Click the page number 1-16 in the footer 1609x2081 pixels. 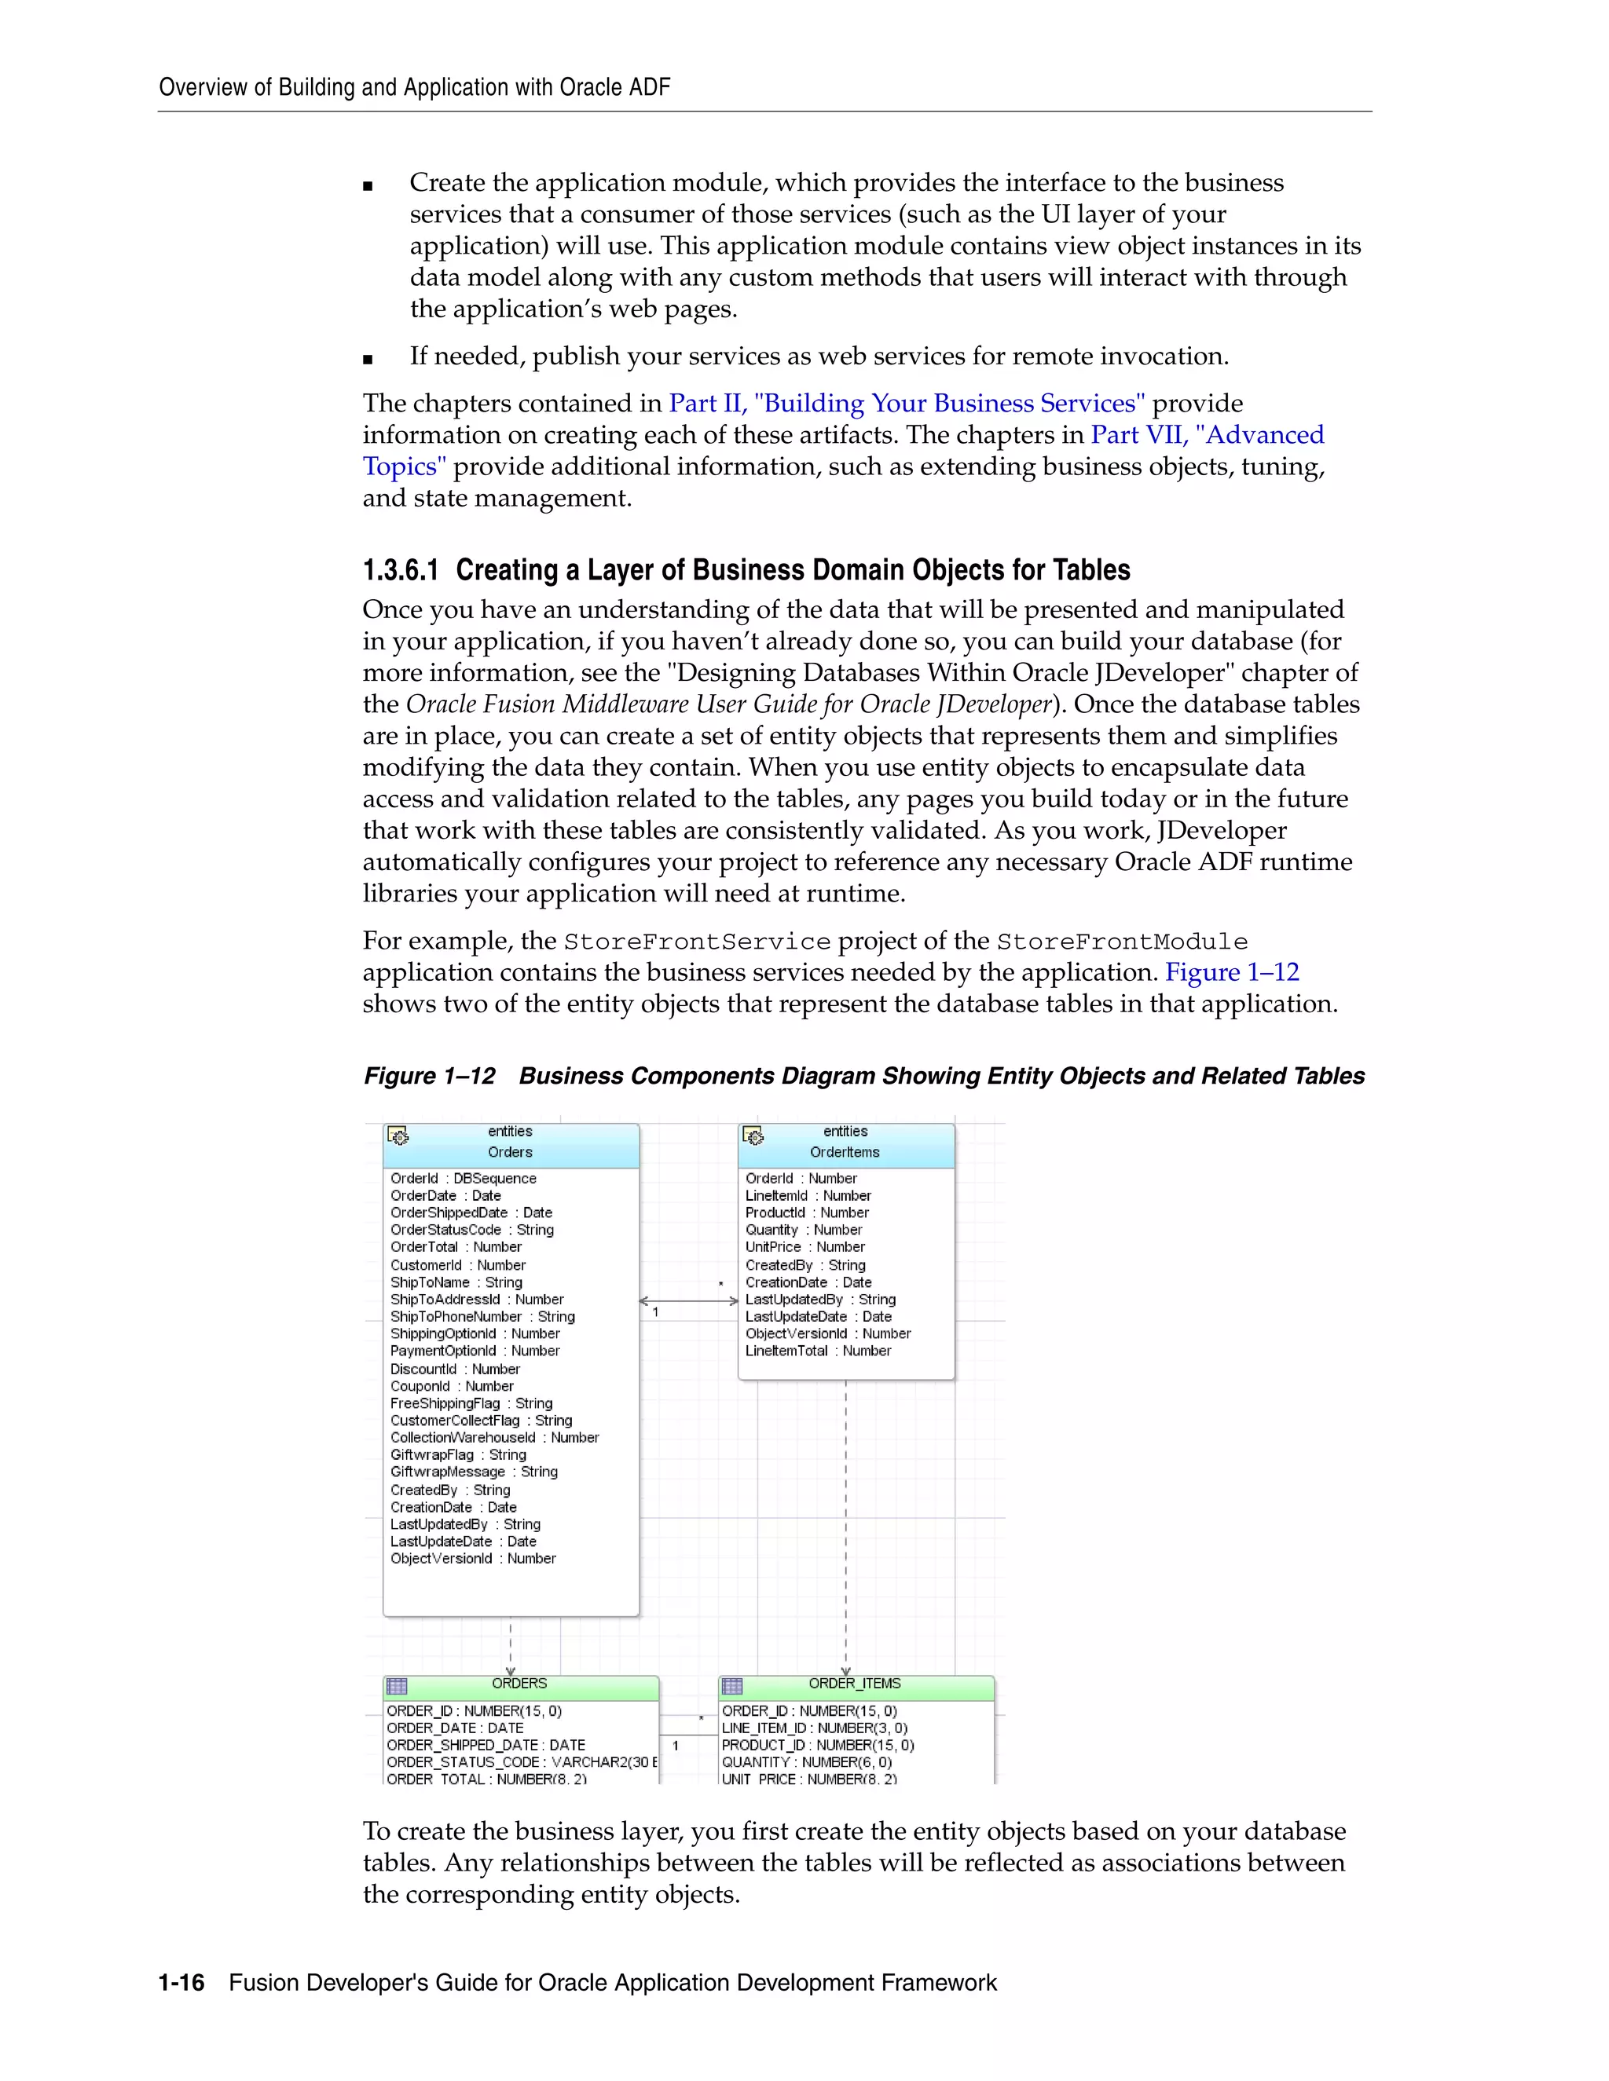pyautogui.click(x=181, y=1983)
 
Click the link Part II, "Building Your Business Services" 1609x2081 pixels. pyautogui.click(x=907, y=403)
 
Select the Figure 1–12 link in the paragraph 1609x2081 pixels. pyautogui.click(x=1232, y=972)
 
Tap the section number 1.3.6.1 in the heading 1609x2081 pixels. pyautogui.click(x=401, y=570)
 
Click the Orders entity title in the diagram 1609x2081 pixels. pyautogui.click(x=510, y=1152)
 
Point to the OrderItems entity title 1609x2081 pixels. pyautogui.click(x=845, y=1152)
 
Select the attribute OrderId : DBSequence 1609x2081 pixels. pyautogui.click(x=464, y=1179)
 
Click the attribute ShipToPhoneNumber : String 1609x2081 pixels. pyautogui.click(x=482, y=1317)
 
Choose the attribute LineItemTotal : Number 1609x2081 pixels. pyautogui.click(x=818, y=1351)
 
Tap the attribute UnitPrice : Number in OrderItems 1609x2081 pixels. pyautogui.click(x=804, y=1247)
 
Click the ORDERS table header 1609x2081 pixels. pyautogui.click(x=519, y=1684)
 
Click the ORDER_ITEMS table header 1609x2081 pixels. pyautogui.click(x=854, y=1684)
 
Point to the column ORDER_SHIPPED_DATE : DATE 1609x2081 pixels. pyautogui.click(x=486, y=1745)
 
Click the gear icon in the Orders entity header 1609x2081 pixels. pyautogui.click(x=398, y=1136)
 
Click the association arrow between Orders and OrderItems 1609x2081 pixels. pyautogui.click(x=688, y=1300)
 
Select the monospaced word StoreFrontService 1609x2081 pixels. pyautogui.click(x=697, y=942)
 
